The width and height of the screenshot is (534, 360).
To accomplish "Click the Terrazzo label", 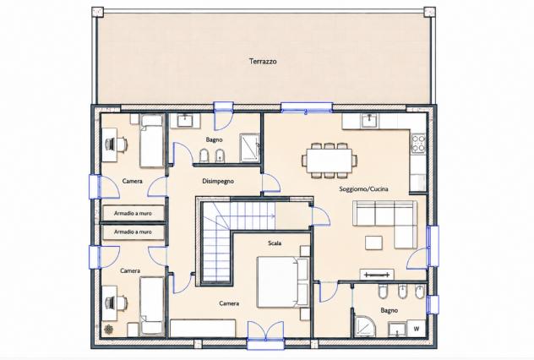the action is (x=263, y=62).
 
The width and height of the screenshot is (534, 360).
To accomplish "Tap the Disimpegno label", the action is (x=218, y=181).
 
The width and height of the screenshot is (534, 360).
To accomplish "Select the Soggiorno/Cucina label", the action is (x=363, y=189).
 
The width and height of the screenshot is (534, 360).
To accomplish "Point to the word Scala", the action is (x=275, y=243).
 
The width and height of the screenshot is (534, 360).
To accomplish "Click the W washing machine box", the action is (x=417, y=329).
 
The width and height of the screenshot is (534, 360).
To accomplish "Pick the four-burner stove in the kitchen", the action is (x=418, y=144).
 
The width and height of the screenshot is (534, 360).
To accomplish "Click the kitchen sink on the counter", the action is (x=370, y=121).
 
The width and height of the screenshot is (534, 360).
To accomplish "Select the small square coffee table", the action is (x=373, y=243).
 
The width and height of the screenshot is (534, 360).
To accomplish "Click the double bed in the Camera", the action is (x=283, y=282).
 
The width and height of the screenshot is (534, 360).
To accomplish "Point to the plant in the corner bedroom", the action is (x=109, y=329).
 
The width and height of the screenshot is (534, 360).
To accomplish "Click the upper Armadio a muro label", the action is (x=133, y=214).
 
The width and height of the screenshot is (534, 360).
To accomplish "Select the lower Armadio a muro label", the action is (x=133, y=232).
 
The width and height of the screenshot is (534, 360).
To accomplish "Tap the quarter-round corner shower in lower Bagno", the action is (x=365, y=326).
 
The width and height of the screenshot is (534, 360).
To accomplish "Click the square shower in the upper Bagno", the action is (x=250, y=148).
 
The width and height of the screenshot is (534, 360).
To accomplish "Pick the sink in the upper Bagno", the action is (x=185, y=121).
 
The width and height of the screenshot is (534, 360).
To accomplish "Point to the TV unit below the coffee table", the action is (x=377, y=275).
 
